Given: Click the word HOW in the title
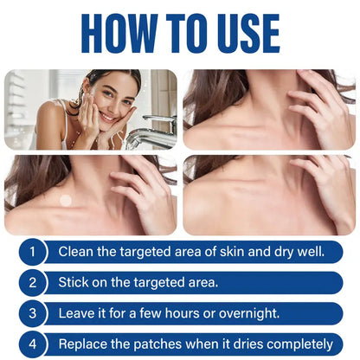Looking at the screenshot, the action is (119, 34).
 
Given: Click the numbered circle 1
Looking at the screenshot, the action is (32, 252).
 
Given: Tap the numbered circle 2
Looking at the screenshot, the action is (32, 282).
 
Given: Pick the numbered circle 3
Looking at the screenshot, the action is (32, 313).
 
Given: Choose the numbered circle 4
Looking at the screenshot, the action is (32, 344).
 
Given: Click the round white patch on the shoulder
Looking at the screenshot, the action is (66, 200).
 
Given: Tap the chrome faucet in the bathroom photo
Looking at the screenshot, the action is (152, 132).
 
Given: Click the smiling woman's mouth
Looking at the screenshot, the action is (106, 117).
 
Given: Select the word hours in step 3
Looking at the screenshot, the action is (183, 313).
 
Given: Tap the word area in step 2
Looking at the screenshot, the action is (202, 283).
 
